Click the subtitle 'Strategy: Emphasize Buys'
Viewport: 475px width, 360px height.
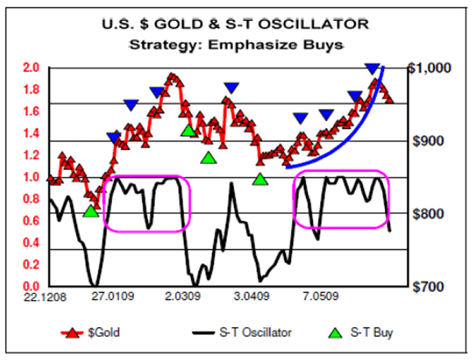click(235, 45)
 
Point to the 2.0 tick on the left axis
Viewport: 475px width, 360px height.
click(32, 67)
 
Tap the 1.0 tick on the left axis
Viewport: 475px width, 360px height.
click(32, 177)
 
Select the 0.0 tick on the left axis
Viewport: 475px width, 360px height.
click(32, 287)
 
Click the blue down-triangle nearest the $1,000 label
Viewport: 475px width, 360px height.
click(372, 68)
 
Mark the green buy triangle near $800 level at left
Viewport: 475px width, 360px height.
click(91, 212)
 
